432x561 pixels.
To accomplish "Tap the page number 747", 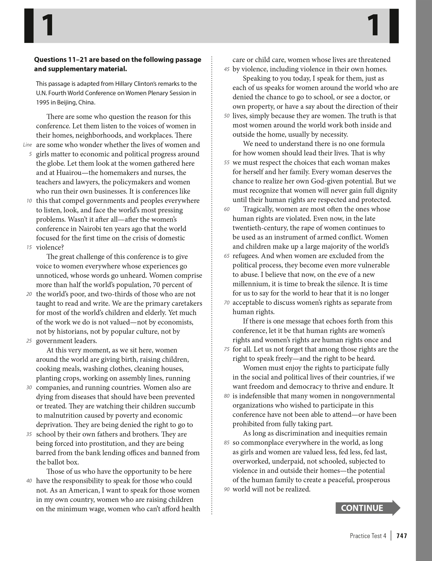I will [402, 536].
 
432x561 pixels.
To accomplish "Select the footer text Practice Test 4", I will [368, 536].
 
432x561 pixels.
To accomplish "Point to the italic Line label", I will [27, 145].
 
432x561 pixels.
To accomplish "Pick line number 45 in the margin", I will [227, 69].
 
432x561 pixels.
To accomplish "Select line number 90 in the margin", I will [227, 490].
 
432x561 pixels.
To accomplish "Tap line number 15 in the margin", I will [29, 247].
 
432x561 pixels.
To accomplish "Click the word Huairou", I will [59, 173].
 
